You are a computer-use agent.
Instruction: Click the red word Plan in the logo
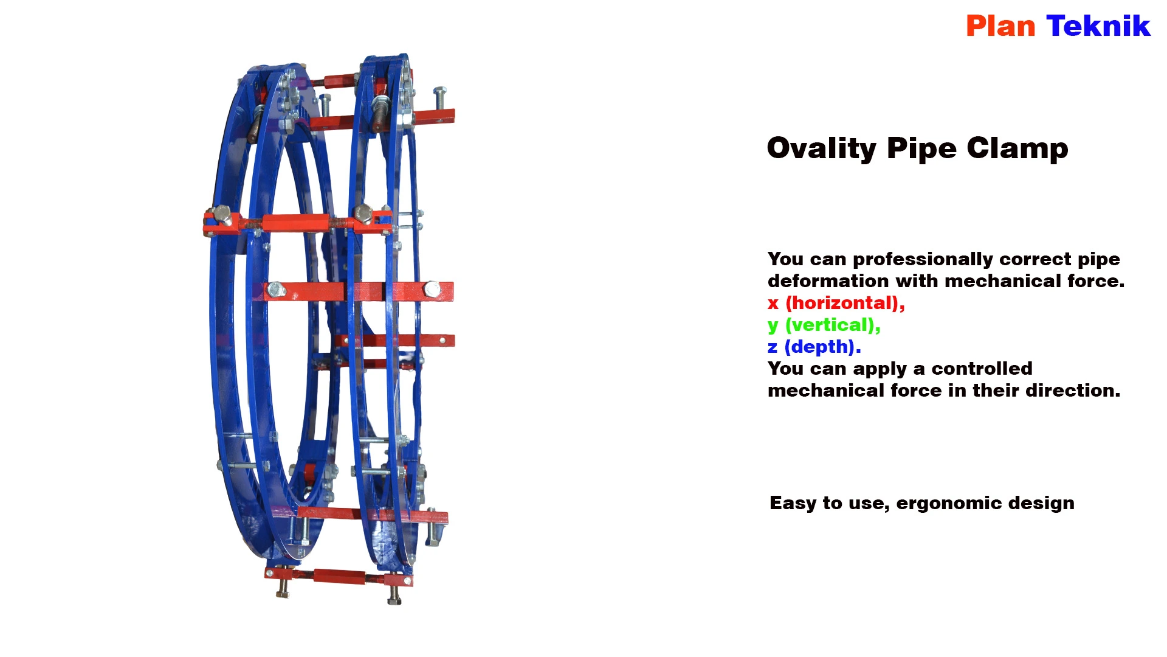click(x=1000, y=26)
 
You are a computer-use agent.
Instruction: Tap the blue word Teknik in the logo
click(x=1098, y=26)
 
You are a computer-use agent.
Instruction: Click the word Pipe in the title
click(x=921, y=149)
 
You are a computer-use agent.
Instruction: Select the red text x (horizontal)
click(x=836, y=303)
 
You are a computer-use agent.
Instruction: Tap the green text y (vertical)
click(x=824, y=325)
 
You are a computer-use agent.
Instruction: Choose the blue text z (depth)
click(x=814, y=347)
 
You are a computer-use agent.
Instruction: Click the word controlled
click(x=982, y=369)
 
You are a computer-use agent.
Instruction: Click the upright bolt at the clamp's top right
click(x=440, y=99)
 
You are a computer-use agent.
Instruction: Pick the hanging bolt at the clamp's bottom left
click(x=283, y=588)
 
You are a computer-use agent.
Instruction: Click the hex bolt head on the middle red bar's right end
click(x=432, y=290)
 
